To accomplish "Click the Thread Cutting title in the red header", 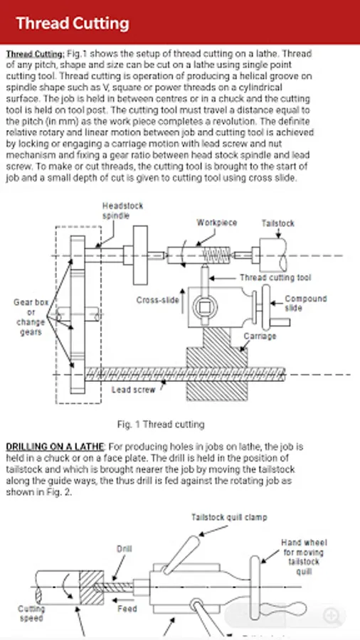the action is point(73,23).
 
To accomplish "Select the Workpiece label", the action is point(217,223).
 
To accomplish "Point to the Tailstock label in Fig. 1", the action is point(278,223).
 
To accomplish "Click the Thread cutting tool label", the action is point(275,277).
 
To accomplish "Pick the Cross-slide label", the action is point(157,300).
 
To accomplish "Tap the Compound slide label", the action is point(306,303).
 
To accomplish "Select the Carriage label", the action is point(260,336).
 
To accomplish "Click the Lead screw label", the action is point(134,390).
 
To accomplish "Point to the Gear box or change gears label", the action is point(31,317).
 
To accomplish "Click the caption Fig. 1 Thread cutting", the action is point(160,425).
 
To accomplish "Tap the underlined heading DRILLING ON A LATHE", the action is point(55,447).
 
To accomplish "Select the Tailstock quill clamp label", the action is point(229,517).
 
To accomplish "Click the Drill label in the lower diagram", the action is point(124,548).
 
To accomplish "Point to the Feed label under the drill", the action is point(127,609).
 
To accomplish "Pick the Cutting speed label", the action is point(31,614).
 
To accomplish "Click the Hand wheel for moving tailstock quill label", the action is point(304,557).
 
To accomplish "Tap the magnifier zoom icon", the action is point(331,616).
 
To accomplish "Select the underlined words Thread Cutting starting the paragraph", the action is point(35,54).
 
